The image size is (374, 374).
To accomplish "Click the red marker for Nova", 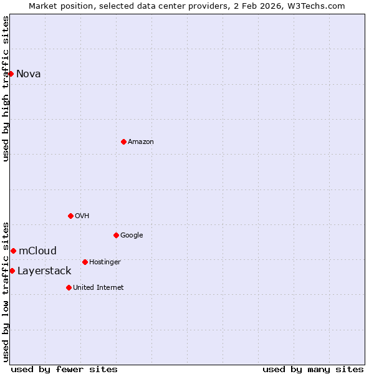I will pos(11,74).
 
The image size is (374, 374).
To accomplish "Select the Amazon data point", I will pos(123,141).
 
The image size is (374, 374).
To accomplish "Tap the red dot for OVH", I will pos(70,216).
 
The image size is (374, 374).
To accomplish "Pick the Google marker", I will pos(116,235).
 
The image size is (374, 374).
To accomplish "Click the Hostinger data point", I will pos(85,262).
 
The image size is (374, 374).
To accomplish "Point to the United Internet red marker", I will pos(69,287).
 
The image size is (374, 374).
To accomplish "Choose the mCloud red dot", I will pos(13,251).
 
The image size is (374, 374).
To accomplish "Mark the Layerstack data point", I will pos(12,271).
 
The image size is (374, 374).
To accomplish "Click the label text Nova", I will pos(29,74).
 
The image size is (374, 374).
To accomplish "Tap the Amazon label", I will pos(141,142).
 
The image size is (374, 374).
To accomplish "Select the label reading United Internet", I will pos(98,288).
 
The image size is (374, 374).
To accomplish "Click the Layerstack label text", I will pos(44,271).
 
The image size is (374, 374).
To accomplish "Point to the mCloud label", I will pos(37,251).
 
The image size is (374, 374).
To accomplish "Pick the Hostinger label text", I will pos(105,262).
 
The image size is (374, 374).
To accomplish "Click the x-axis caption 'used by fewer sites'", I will pos(64,370).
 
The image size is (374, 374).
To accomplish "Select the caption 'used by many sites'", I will pos(313,370).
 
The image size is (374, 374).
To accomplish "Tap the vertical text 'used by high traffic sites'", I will pos(6,89).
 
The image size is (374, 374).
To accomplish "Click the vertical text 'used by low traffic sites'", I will pos(6,291).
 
